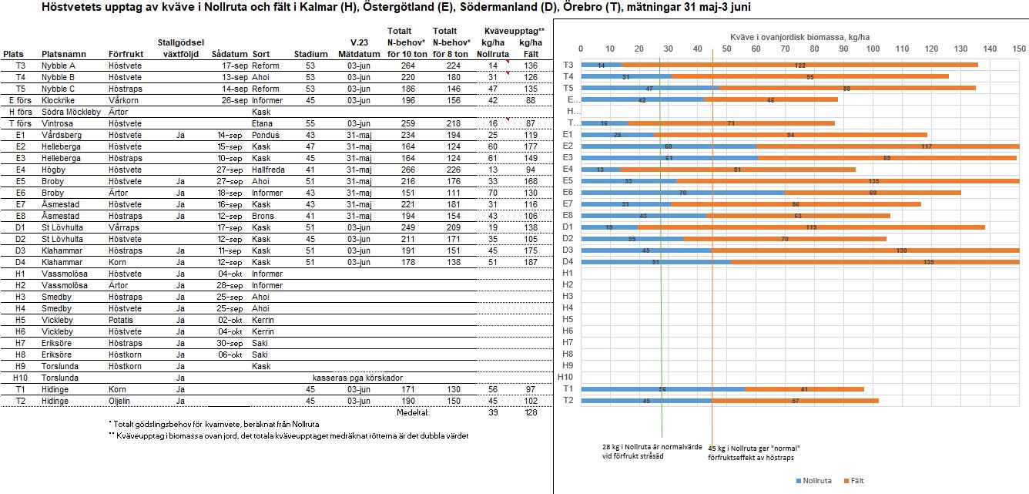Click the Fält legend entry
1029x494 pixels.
click(x=853, y=480)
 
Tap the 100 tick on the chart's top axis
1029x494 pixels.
click(x=873, y=49)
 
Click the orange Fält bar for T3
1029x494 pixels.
click(x=799, y=65)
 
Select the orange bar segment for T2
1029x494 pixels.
click(x=795, y=401)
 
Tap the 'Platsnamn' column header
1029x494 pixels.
click(x=64, y=55)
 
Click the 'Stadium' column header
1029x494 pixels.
click(x=310, y=55)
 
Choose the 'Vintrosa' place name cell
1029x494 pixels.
click(x=59, y=123)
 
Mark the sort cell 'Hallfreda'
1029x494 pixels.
click(x=269, y=170)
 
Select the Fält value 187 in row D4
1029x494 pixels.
click(x=530, y=262)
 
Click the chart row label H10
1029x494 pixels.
click(x=566, y=377)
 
